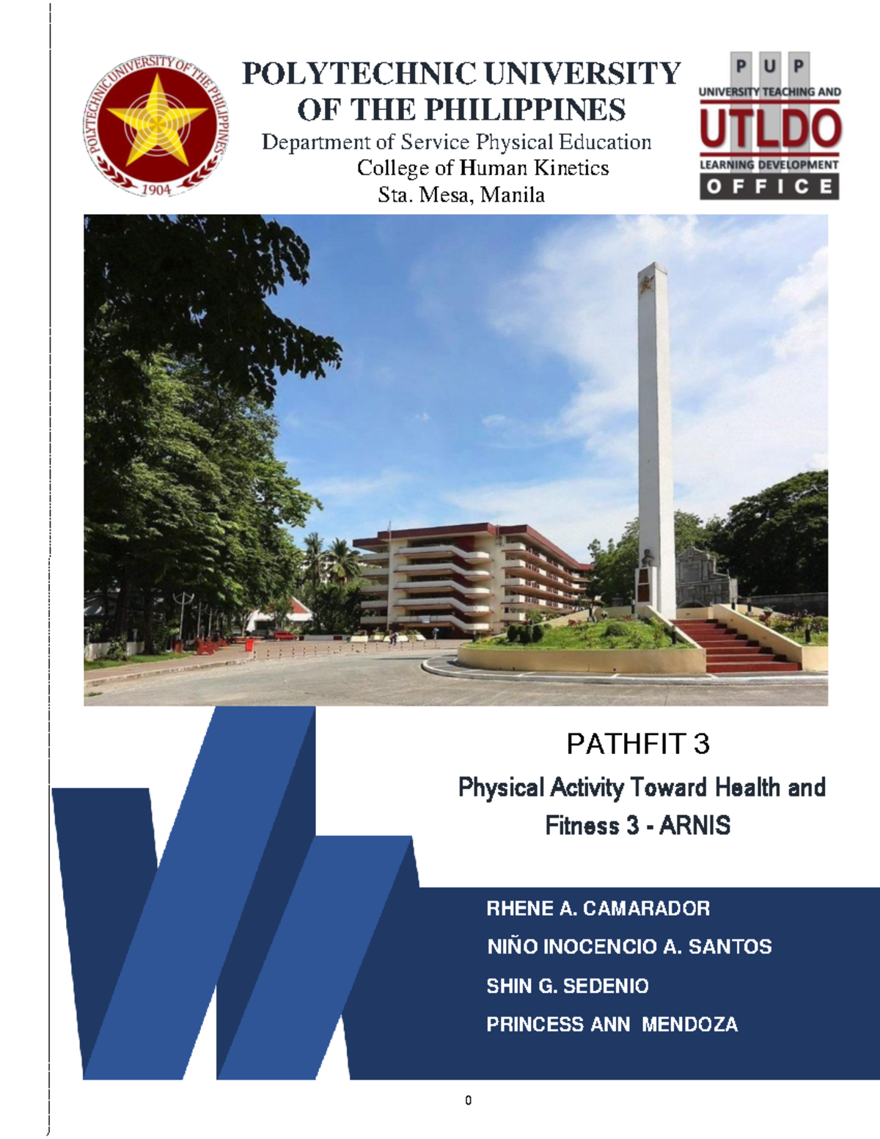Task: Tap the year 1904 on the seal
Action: [155, 189]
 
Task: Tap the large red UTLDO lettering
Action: [769, 128]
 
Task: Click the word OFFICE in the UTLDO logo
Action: [769, 187]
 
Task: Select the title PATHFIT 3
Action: [637, 744]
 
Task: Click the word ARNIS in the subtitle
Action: [694, 826]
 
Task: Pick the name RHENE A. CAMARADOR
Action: [598, 909]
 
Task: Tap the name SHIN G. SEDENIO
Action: [568, 986]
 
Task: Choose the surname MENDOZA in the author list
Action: [689, 1025]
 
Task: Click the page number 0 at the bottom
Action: [468, 1100]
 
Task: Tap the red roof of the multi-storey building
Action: [469, 530]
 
